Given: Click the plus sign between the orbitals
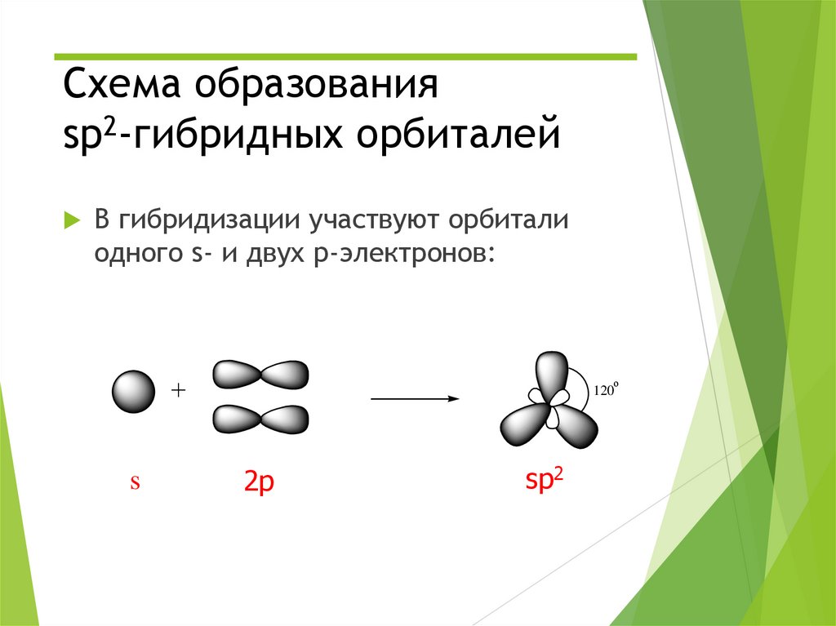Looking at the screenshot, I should (x=179, y=391).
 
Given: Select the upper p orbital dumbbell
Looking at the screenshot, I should (x=260, y=375).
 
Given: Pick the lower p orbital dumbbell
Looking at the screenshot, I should (x=260, y=419).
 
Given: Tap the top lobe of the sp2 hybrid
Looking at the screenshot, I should (x=553, y=372).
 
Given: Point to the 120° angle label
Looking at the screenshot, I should (x=607, y=389).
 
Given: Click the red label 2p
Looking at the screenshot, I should (x=259, y=484).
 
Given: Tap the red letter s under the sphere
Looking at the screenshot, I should (x=136, y=482).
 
